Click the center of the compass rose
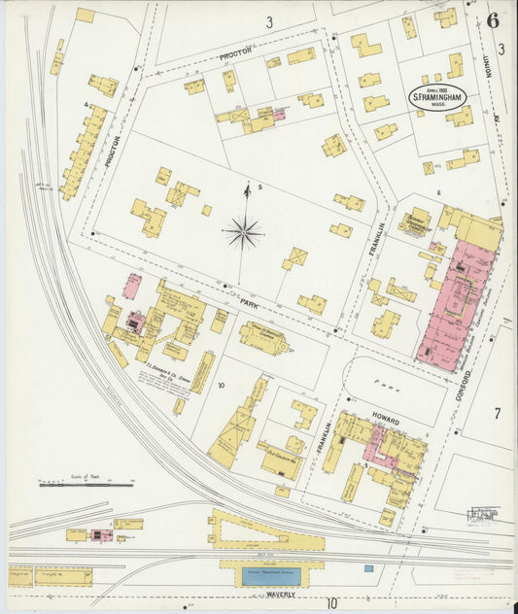click(243, 233)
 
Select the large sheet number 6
click(494, 20)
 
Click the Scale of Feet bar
click(73, 483)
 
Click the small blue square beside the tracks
click(368, 567)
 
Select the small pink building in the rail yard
click(98, 534)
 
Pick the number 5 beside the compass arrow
click(259, 187)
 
